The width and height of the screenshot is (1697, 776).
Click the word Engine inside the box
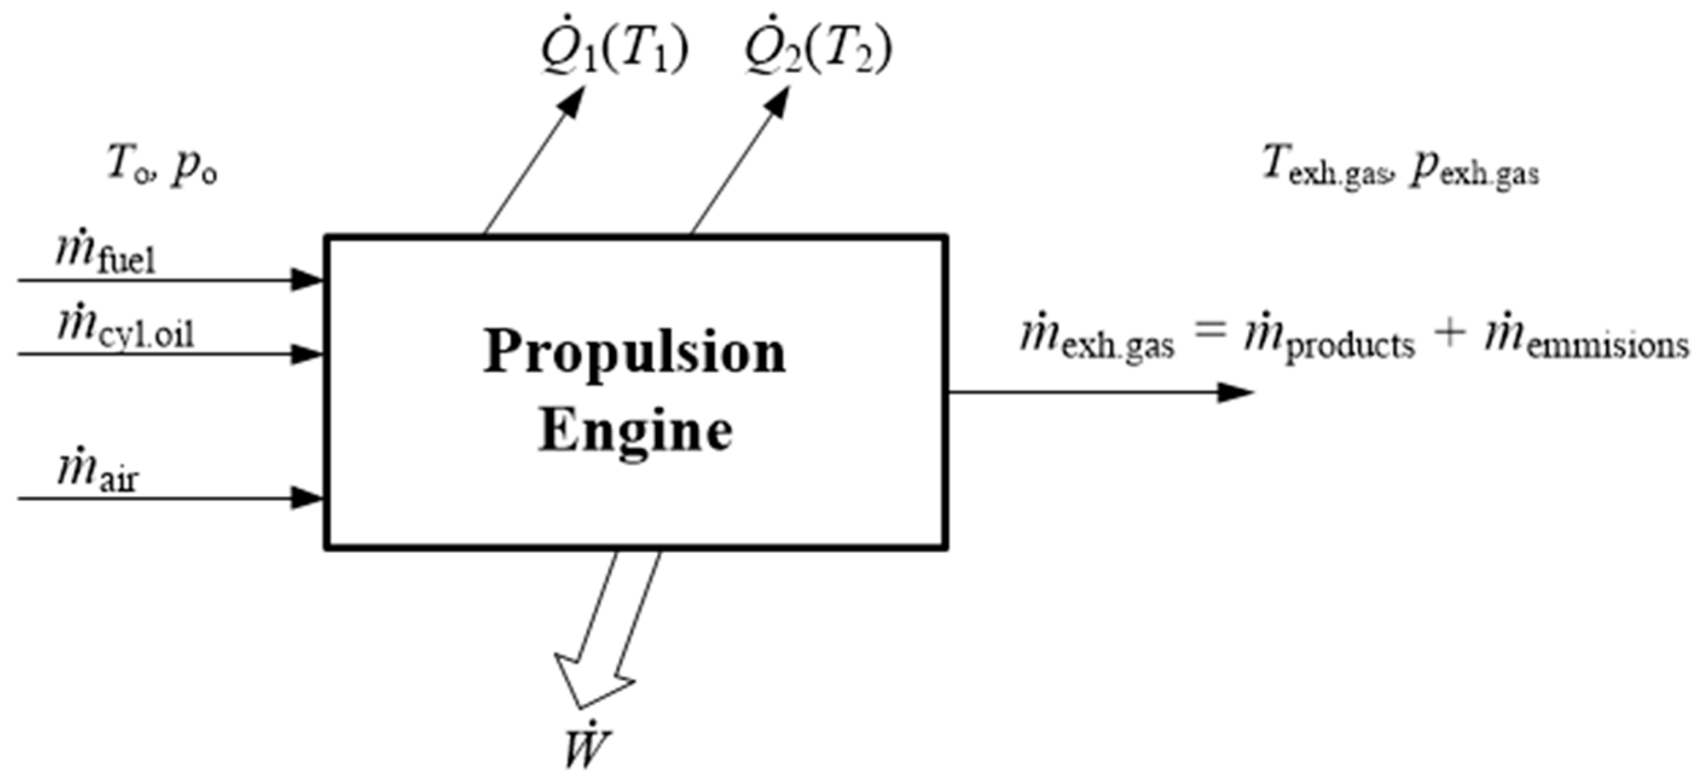(636, 432)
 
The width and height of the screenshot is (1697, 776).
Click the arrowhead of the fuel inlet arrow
(307, 280)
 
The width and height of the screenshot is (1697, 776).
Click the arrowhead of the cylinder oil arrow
(307, 354)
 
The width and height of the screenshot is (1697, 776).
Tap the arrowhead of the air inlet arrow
(307, 499)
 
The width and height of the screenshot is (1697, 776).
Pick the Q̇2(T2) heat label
(817, 51)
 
